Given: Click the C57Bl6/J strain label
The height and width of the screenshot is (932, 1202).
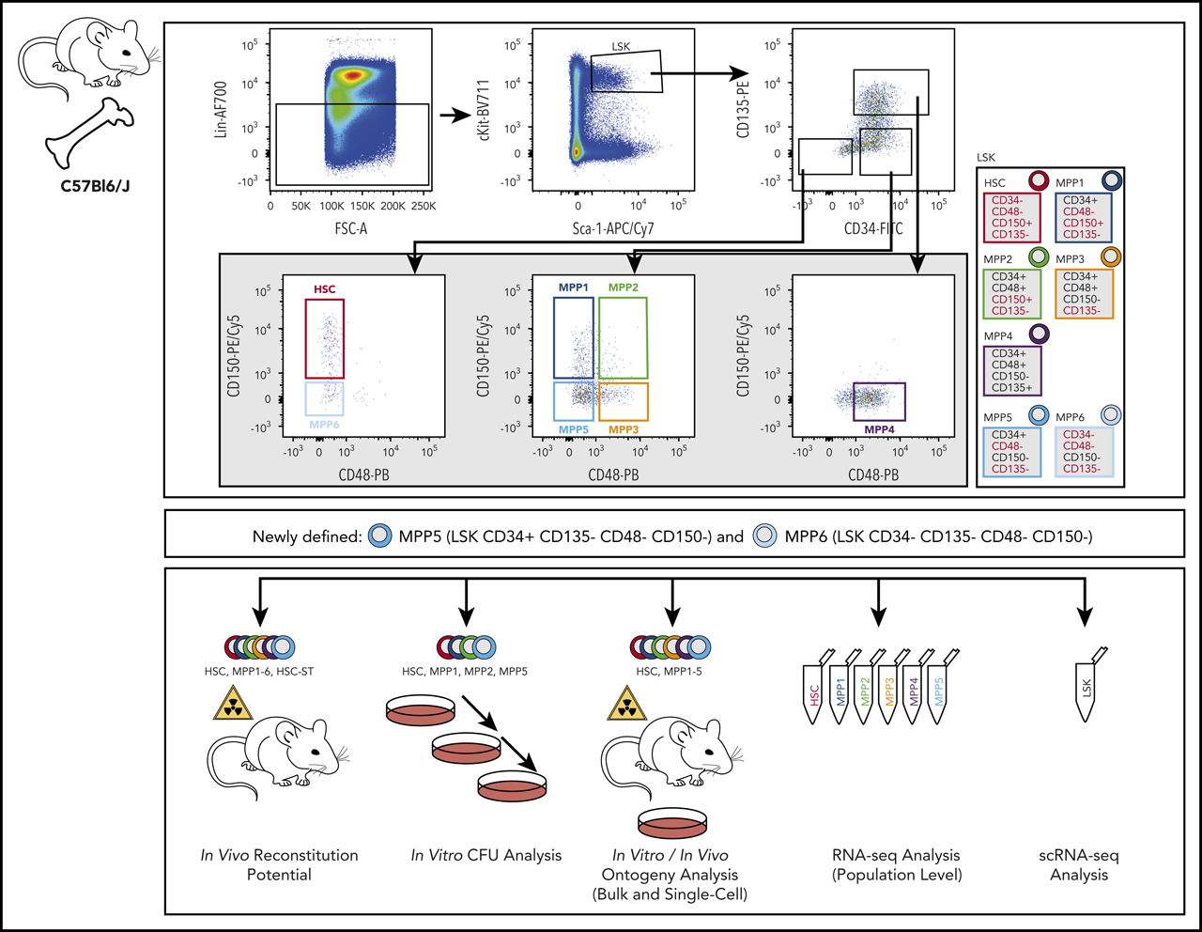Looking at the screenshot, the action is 95,186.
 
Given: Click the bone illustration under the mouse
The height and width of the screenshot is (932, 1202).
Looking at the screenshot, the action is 89,132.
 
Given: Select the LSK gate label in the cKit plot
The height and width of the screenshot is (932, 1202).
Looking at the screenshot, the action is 621,47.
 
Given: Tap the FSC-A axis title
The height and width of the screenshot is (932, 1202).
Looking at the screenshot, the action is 350,228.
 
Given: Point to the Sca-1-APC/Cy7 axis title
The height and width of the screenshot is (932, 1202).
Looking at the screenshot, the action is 613,228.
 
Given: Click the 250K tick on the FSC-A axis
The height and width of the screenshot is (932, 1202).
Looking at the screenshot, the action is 424,206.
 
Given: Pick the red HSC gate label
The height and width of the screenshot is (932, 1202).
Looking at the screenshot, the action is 325,289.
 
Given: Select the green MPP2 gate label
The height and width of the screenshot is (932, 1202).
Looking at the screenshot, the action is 624,287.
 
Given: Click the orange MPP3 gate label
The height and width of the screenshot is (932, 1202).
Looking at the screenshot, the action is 624,429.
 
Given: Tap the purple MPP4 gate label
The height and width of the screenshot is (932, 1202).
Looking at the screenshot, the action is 879,429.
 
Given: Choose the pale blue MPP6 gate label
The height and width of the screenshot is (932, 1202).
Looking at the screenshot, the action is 324,425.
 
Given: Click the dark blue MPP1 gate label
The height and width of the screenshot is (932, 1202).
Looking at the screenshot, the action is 573,287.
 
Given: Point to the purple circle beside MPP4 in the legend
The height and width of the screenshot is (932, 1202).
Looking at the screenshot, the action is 1040,334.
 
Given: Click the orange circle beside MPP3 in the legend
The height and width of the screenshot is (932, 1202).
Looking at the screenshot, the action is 1111,256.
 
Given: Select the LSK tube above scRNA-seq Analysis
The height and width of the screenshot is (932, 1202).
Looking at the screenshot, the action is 1087,684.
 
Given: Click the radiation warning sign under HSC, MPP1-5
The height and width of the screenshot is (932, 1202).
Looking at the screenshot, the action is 626,704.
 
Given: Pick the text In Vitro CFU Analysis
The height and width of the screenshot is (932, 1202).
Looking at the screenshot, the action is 485,855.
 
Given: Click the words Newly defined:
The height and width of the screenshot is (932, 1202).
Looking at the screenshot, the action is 307,536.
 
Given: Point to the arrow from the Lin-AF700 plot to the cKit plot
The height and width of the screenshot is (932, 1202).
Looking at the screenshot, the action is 455,116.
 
